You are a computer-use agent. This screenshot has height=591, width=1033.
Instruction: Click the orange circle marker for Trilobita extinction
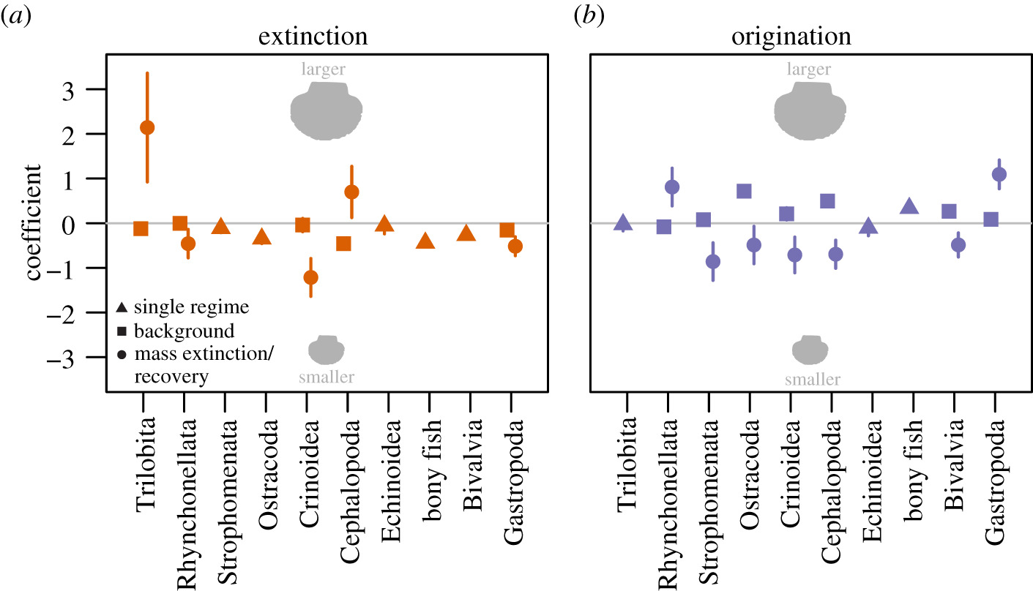(147, 128)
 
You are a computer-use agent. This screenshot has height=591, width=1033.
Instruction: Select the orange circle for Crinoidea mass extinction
(310, 277)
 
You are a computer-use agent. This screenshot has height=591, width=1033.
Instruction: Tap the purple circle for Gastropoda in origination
(999, 174)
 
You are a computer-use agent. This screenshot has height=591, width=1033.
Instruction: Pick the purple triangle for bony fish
(909, 207)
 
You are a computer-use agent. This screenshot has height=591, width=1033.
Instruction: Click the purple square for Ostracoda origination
(744, 192)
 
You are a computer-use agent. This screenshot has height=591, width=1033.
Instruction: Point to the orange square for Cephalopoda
(343, 244)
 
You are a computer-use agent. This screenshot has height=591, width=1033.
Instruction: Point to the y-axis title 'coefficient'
(34, 224)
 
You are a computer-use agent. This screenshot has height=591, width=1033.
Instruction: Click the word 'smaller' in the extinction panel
(327, 377)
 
